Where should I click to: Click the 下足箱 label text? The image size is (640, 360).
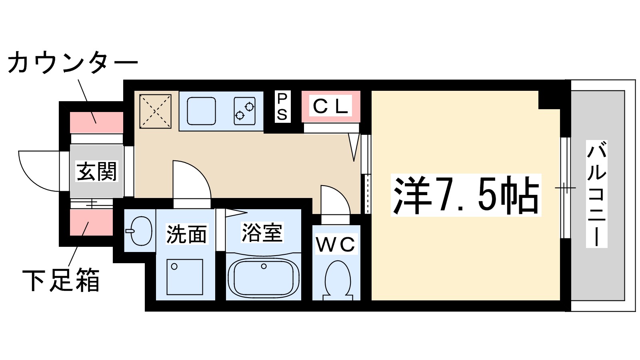[61, 280]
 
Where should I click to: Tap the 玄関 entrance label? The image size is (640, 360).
[96, 171]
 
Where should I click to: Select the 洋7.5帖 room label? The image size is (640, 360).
[466, 195]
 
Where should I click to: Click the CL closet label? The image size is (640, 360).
[330, 106]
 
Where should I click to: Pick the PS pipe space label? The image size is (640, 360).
[282, 107]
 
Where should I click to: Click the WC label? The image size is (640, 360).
[336, 245]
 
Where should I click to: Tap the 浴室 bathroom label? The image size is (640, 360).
[262, 232]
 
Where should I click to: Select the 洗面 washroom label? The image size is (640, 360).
[186, 234]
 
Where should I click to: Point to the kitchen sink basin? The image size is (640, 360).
[201, 111]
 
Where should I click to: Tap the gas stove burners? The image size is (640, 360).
[244, 111]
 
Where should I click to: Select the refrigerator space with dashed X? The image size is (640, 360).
[155, 111]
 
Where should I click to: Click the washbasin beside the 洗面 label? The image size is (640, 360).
[140, 231]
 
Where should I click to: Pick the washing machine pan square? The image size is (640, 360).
[184, 277]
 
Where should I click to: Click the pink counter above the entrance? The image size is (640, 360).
[96, 122]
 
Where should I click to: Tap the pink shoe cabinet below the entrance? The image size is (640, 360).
[92, 222]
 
